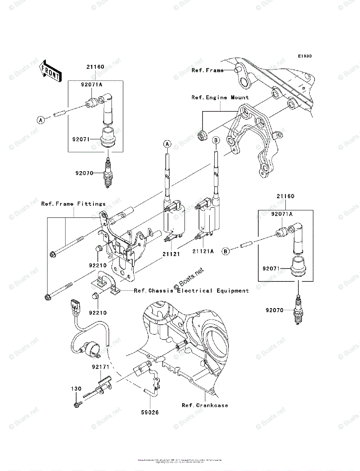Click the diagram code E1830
[x=304, y=56]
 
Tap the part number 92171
[x=101, y=367]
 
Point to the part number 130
[x=76, y=389]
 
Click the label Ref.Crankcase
[x=205, y=405]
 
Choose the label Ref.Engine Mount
[x=220, y=97]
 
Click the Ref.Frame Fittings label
[x=73, y=204]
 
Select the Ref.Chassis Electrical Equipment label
[x=191, y=291]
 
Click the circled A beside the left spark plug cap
[x=41, y=120]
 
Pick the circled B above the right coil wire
[x=216, y=140]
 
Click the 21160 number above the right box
[x=285, y=196]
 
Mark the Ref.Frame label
[x=208, y=70]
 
